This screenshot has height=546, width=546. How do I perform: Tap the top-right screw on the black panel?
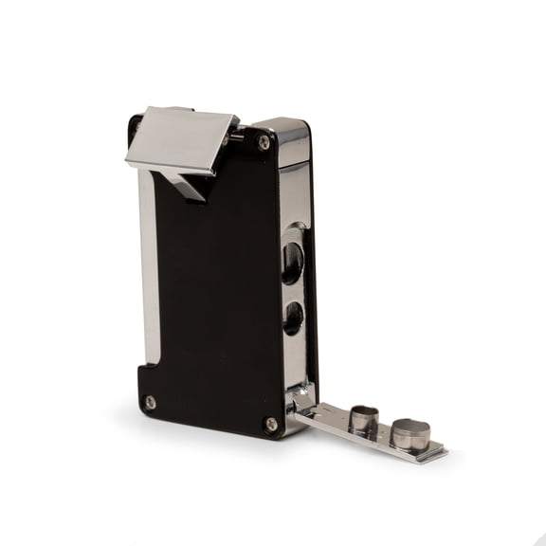(264, 142)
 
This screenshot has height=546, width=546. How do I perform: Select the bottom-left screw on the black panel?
(150, 402)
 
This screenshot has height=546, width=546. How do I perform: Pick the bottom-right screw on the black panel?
(270, 424)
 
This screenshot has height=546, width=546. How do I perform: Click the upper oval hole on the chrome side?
(293, 262)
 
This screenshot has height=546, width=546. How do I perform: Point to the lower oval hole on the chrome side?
(293, 318)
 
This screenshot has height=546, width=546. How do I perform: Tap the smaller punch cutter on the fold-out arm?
(362, 418)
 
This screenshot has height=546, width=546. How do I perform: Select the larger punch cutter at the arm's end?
(409, 433)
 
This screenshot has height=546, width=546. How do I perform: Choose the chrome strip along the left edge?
(147, 265)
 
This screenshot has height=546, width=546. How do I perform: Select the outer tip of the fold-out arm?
(438, 453)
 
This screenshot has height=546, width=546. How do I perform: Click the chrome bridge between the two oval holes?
(294, 290)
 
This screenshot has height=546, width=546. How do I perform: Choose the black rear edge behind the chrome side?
(313, 284)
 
